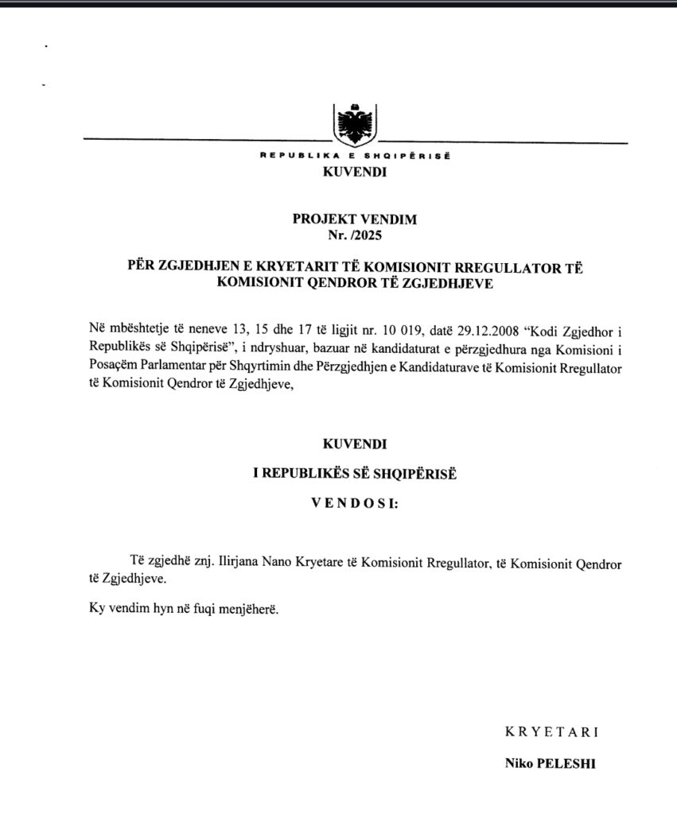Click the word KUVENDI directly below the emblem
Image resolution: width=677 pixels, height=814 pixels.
(x=355, y=171)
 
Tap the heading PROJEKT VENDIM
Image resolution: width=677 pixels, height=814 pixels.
(x=355, y=219)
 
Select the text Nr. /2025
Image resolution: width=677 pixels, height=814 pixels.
(x=355, y=234)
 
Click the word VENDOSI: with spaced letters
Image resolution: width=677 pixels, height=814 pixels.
(x=355, y=503)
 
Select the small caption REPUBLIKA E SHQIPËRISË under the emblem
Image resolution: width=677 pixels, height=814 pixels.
(x=355, y=155)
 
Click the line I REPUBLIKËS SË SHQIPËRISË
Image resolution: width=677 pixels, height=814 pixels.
(x=355, y=473)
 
